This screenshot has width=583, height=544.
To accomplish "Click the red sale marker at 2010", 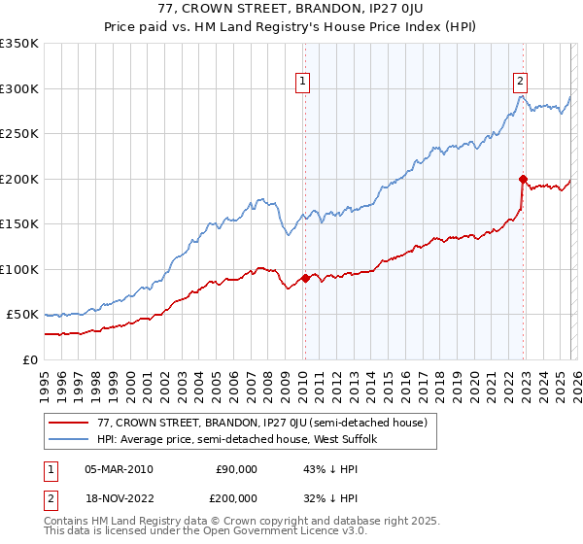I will (305, 278).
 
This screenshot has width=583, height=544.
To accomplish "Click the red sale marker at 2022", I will (523, 179).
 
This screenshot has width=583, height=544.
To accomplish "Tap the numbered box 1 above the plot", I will (304, 83).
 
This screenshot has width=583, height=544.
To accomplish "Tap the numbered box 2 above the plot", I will (522, 83).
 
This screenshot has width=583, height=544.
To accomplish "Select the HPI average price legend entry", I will (243, 440).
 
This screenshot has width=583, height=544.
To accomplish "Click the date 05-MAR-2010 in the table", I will (119, 469).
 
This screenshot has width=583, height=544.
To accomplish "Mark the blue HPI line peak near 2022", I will (521, 95).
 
